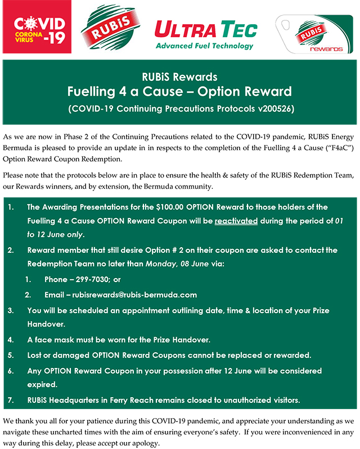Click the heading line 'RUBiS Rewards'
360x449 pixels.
pos(179,77)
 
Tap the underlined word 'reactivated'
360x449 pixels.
pos(236,221)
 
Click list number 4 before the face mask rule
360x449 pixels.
pos(11,340)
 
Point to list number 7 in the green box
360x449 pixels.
pos(11,400)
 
